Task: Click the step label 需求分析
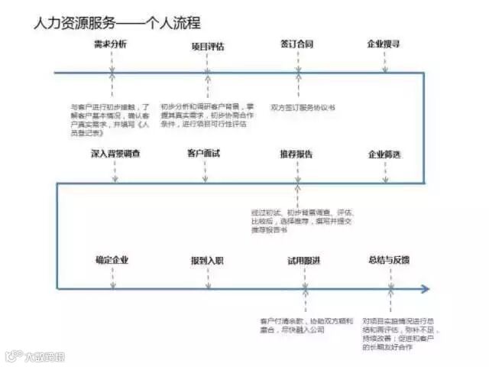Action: [x=111, y=44]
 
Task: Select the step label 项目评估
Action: [x=208, y=46]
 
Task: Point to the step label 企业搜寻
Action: [x=384, y=44]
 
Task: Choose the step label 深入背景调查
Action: [x=115, y=154]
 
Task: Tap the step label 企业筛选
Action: [x=384, y=154]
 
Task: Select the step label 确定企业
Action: [x=112, y=260]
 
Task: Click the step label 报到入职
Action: [x=207, y=261]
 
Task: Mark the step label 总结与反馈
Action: [x=389, y=260]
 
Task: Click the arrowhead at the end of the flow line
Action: [x=426, y=289]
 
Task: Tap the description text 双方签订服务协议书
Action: [x=304, y=107]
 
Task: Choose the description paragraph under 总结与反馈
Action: [x=397, y=332]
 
